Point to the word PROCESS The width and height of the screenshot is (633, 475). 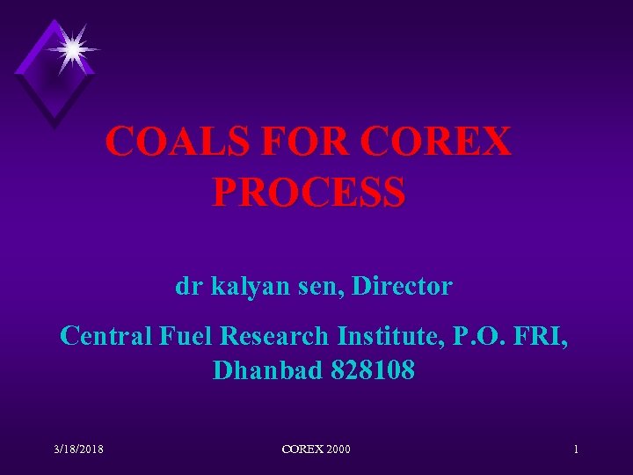[309, 191]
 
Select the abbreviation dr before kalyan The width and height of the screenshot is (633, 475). [186, 286]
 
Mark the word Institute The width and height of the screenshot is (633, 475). [392, 335]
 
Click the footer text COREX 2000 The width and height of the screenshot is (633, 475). [316, 449]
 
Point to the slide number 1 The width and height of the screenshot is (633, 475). [576, 449]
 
